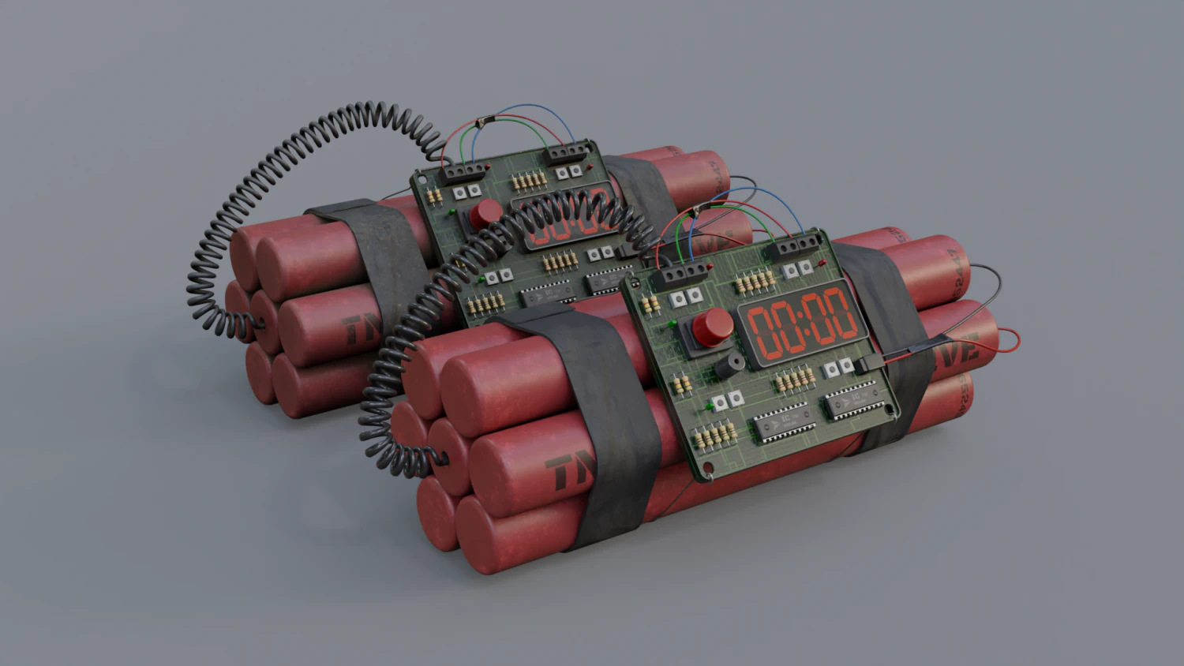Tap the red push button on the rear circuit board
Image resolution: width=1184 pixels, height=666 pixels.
click(485, 212)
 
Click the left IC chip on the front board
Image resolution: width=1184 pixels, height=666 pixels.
click(784, 424)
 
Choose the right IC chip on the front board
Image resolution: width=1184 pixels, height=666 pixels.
click(851, 399)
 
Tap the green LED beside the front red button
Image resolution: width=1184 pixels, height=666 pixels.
click(672, 322)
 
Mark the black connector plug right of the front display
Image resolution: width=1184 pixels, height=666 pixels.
click(864, 364)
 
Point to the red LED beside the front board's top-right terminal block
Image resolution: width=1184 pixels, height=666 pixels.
click(822, 262)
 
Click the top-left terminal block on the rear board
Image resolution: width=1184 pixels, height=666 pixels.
click(463, 170)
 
